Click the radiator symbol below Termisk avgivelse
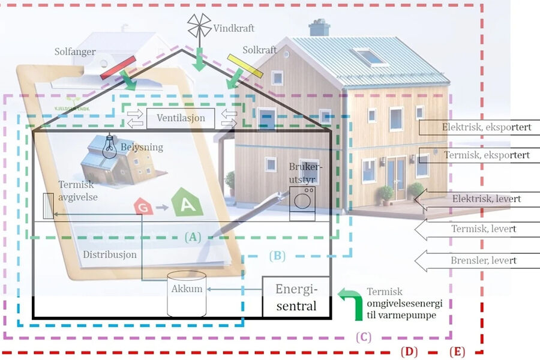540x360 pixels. point(48,207)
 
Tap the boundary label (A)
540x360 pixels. point(193,236)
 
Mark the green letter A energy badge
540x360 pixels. point(185,202)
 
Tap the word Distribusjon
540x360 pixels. point(109,254)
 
